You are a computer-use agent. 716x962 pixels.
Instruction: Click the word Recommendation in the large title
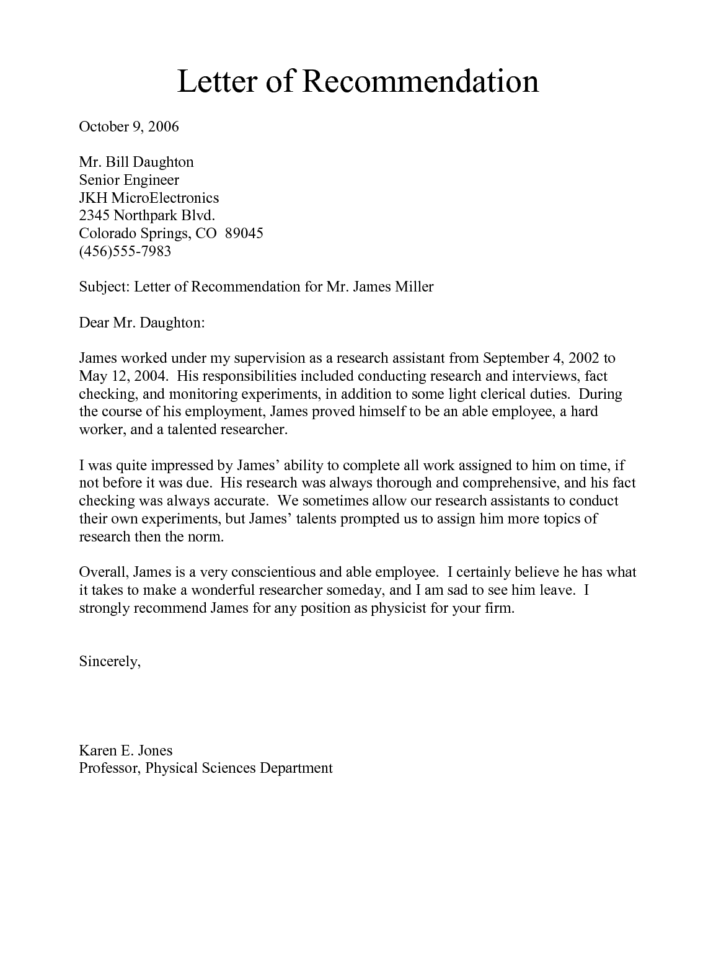[421, 81]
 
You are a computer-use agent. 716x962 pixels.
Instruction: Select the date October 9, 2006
[129, 127]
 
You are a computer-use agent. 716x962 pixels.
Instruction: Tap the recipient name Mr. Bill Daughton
[136, 163]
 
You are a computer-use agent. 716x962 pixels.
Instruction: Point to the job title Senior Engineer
[129, 180]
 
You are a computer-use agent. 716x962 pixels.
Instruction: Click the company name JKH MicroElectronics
[149, 198]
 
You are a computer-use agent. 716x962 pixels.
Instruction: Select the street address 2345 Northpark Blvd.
[147, 216]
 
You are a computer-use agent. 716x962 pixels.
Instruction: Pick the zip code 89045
[244, 234]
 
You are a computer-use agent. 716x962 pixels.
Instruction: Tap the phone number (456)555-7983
[125, 252]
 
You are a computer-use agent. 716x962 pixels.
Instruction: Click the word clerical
[497, 394]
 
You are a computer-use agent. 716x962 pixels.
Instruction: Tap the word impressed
[174, 466]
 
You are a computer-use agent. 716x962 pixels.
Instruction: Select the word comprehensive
[508, 484]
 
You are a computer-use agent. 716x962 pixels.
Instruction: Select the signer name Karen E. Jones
[126, 751]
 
